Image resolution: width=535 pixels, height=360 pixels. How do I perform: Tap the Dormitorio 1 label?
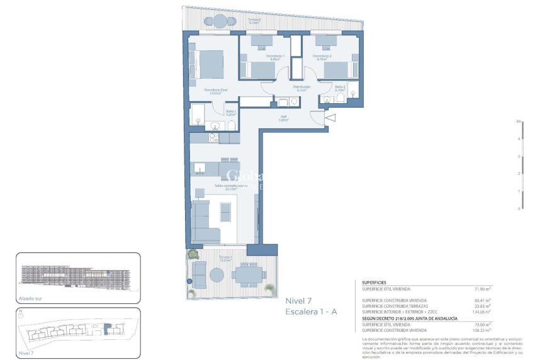pos(276,57)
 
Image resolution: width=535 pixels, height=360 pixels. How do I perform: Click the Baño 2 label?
pos(341,88)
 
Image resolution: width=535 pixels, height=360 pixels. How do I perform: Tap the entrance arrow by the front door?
pos(332,117)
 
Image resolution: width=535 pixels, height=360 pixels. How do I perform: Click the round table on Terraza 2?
pos(219,21)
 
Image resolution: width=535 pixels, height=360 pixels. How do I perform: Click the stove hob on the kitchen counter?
pos(214,137)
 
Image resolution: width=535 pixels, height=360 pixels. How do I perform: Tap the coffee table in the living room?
pos(225,211)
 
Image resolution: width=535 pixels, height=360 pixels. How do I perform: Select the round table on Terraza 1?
pos(217,275)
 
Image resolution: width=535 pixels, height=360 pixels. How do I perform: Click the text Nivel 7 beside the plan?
pos(300,300)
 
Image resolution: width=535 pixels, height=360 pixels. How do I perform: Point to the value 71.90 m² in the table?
pos(481,289)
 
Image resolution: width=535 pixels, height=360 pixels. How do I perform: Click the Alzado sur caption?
pos(30,300)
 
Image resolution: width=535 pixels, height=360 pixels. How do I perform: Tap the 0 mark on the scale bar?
pos(519,208)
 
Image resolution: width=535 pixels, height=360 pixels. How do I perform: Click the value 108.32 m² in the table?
pos(480,329)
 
